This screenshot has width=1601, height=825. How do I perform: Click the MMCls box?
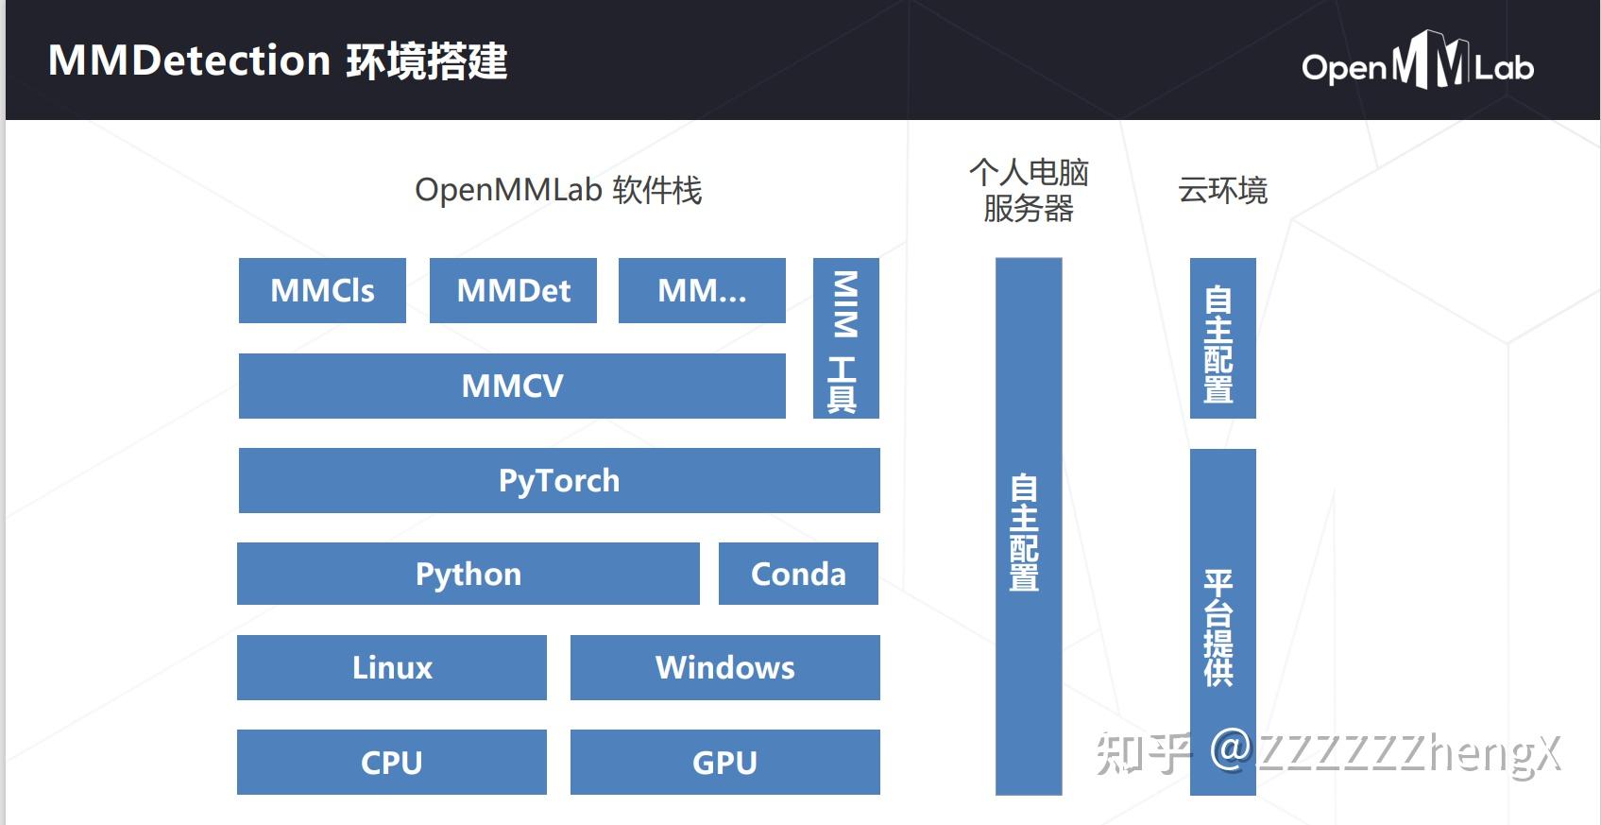tap(322, 290)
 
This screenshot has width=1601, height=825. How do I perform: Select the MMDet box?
tap(513, 290)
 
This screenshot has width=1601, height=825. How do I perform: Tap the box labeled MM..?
tap(702, 290)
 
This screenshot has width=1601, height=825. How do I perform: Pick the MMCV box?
tap(512, 386)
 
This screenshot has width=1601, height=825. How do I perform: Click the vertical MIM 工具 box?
tap(845, 337)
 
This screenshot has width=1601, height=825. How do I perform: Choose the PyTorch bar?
tap(559, 480)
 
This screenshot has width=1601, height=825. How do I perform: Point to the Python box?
tap(468, 574)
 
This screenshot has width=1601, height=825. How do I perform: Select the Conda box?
tap(798, 574)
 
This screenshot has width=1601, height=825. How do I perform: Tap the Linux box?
tap(391, 667)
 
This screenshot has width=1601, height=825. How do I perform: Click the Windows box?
tap(724, 667)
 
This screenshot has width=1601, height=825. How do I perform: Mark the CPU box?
tap(391, 762)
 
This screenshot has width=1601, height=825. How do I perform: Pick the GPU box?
tap(724, 762)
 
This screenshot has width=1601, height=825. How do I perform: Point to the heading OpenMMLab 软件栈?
tap(558, 190)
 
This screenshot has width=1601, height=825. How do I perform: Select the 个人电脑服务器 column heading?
tap(1029, 190)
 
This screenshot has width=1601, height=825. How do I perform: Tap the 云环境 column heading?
tap(1222, 190)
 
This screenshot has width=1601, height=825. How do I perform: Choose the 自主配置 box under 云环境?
tap(1222, 337)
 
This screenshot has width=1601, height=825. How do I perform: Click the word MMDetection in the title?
tap(189, 61)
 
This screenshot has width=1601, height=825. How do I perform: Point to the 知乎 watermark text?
tap(1143, 753)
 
